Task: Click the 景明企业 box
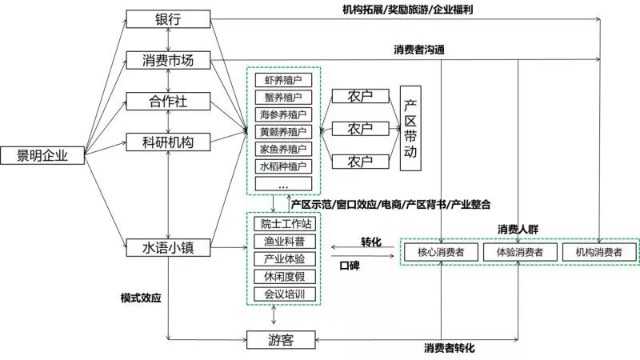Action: coord(45,156)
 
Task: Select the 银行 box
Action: coord(168,20)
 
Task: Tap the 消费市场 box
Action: coord(168,61)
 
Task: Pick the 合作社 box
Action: coord(168,102)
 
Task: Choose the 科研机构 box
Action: coord(168,142)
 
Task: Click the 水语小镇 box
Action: coord(168,248)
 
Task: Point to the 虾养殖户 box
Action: coord(283,80)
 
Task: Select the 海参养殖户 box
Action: coord(283,114)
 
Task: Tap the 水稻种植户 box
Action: coord(283,166)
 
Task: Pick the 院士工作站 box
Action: coord(284,223)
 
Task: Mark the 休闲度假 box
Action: coord(284,276)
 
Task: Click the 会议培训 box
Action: coord(284,294)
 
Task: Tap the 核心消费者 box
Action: coord(442,252)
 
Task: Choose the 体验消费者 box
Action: coord(519,252)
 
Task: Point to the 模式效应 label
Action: coord(141,298)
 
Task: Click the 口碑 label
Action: coord(350,265)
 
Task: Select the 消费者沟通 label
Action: coord(419,50)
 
